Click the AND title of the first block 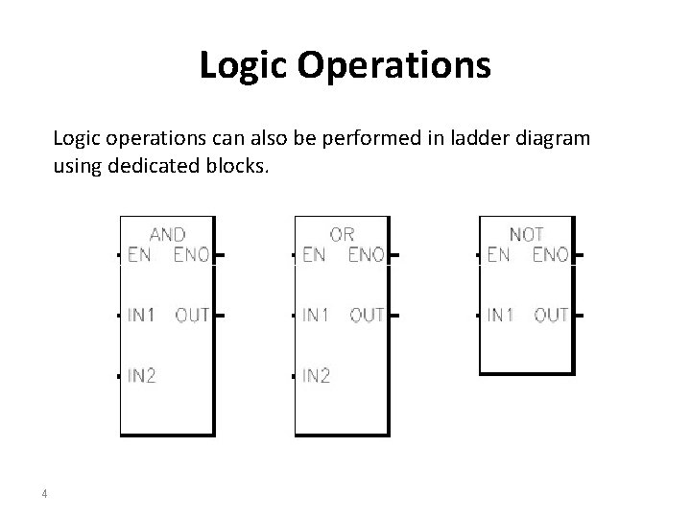point(168,234)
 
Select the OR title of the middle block point(343,234)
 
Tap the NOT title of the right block point(526,234)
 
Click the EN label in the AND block point(139,255)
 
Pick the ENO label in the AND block point(191,255)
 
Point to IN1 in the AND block point(142,315)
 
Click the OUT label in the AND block point(192,315)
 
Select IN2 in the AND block point(142,375)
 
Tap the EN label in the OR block point(313,255)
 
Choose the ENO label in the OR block point(366,255)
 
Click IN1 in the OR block point(316,315)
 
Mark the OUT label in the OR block point(367,315)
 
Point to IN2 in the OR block point(316,375)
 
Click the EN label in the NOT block point(498,255)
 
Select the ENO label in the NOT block point(550,255)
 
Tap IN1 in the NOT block point(501,315)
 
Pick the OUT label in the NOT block point(551,315)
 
